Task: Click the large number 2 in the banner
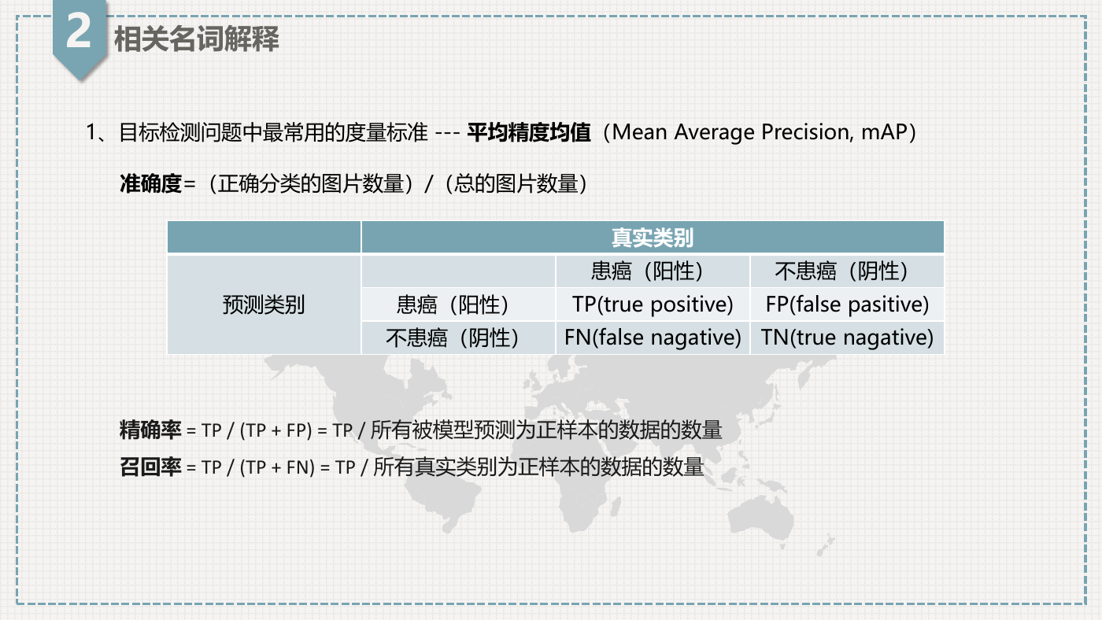[x=79, y=31]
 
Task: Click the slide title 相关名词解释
[x=196, y=39]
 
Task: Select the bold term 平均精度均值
[x=529, y=132]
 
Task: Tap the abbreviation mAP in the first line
[x=883, y=131]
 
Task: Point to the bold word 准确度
[x=150, y=184]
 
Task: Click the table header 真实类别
[x=653, y=238]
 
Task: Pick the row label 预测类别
[x=264, y=304]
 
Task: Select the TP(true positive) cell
[x=653, y=304]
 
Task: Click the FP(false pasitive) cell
[x=847, y=304]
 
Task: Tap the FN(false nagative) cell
[x=653, y=338]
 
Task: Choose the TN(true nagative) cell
[x=847, y=338]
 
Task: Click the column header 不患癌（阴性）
[x=841, y=271]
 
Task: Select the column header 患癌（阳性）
[x=647, y=271]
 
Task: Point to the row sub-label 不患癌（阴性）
[x=452, y=338]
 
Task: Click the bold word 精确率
[x=150, y=430]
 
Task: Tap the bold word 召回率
[x=150, y=467]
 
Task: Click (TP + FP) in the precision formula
[x=276, y=430]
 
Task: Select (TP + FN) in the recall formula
[x=277, y=467]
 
